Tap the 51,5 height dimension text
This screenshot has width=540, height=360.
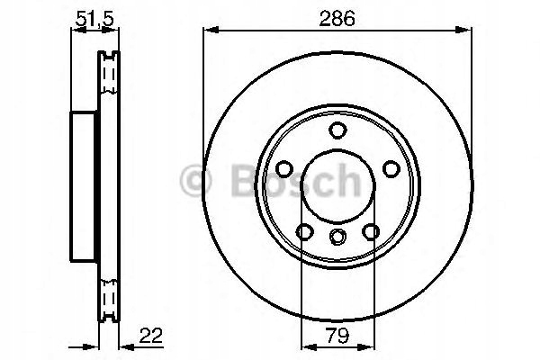[x=90, y=16]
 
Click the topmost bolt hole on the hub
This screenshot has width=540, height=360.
[x=337, y=130]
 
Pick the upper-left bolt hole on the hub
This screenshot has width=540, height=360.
[x=284, y=168]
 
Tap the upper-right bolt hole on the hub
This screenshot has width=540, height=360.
[x=391, y=168]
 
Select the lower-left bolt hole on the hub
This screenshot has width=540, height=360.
[x=304, y=231]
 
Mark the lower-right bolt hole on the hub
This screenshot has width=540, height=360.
[x=371, y=231]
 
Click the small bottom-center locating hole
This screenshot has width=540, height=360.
[x=337, y=237]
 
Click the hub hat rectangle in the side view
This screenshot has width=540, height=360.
[x=84, y=184]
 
